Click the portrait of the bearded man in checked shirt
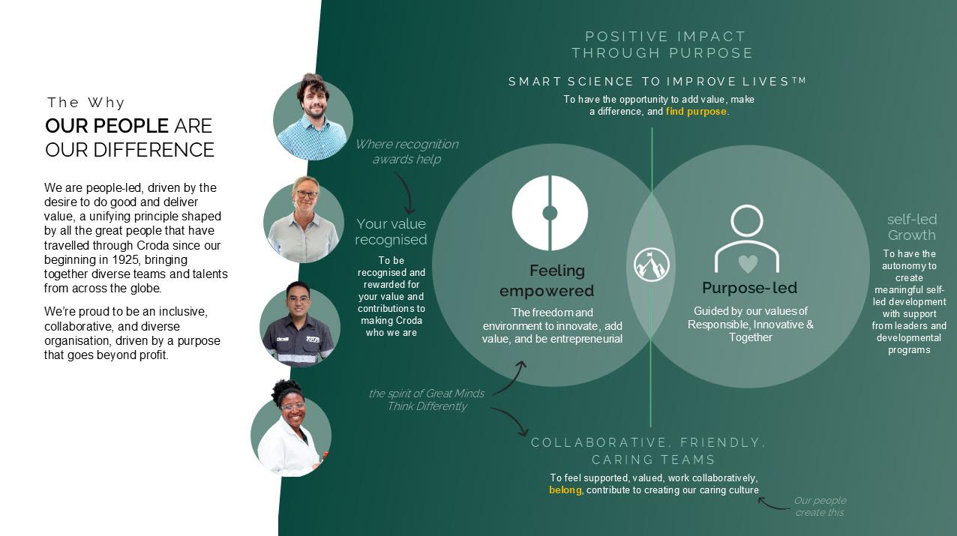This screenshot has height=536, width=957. pos(313,118)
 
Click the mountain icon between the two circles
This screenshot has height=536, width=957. pos(651,265)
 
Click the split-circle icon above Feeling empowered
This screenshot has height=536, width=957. pos(550,213)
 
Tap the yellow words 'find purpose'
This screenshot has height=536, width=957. pos(696,112)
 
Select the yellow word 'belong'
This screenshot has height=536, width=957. pos(565,490)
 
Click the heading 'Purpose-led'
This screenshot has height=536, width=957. pos(749,288)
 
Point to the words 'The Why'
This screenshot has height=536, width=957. pos(86,103)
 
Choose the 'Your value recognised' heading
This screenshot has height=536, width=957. pos(391,232)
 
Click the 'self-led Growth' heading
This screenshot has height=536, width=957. pos(911,227)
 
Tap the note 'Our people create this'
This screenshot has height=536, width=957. pos(820,507)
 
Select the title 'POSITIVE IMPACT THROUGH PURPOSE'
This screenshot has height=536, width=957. pos(663,45)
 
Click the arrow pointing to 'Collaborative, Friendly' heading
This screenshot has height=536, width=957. pos(511,421)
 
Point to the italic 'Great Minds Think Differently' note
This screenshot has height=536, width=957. pos(426,400)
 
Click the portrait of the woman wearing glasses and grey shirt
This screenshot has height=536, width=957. pos(304,221)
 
